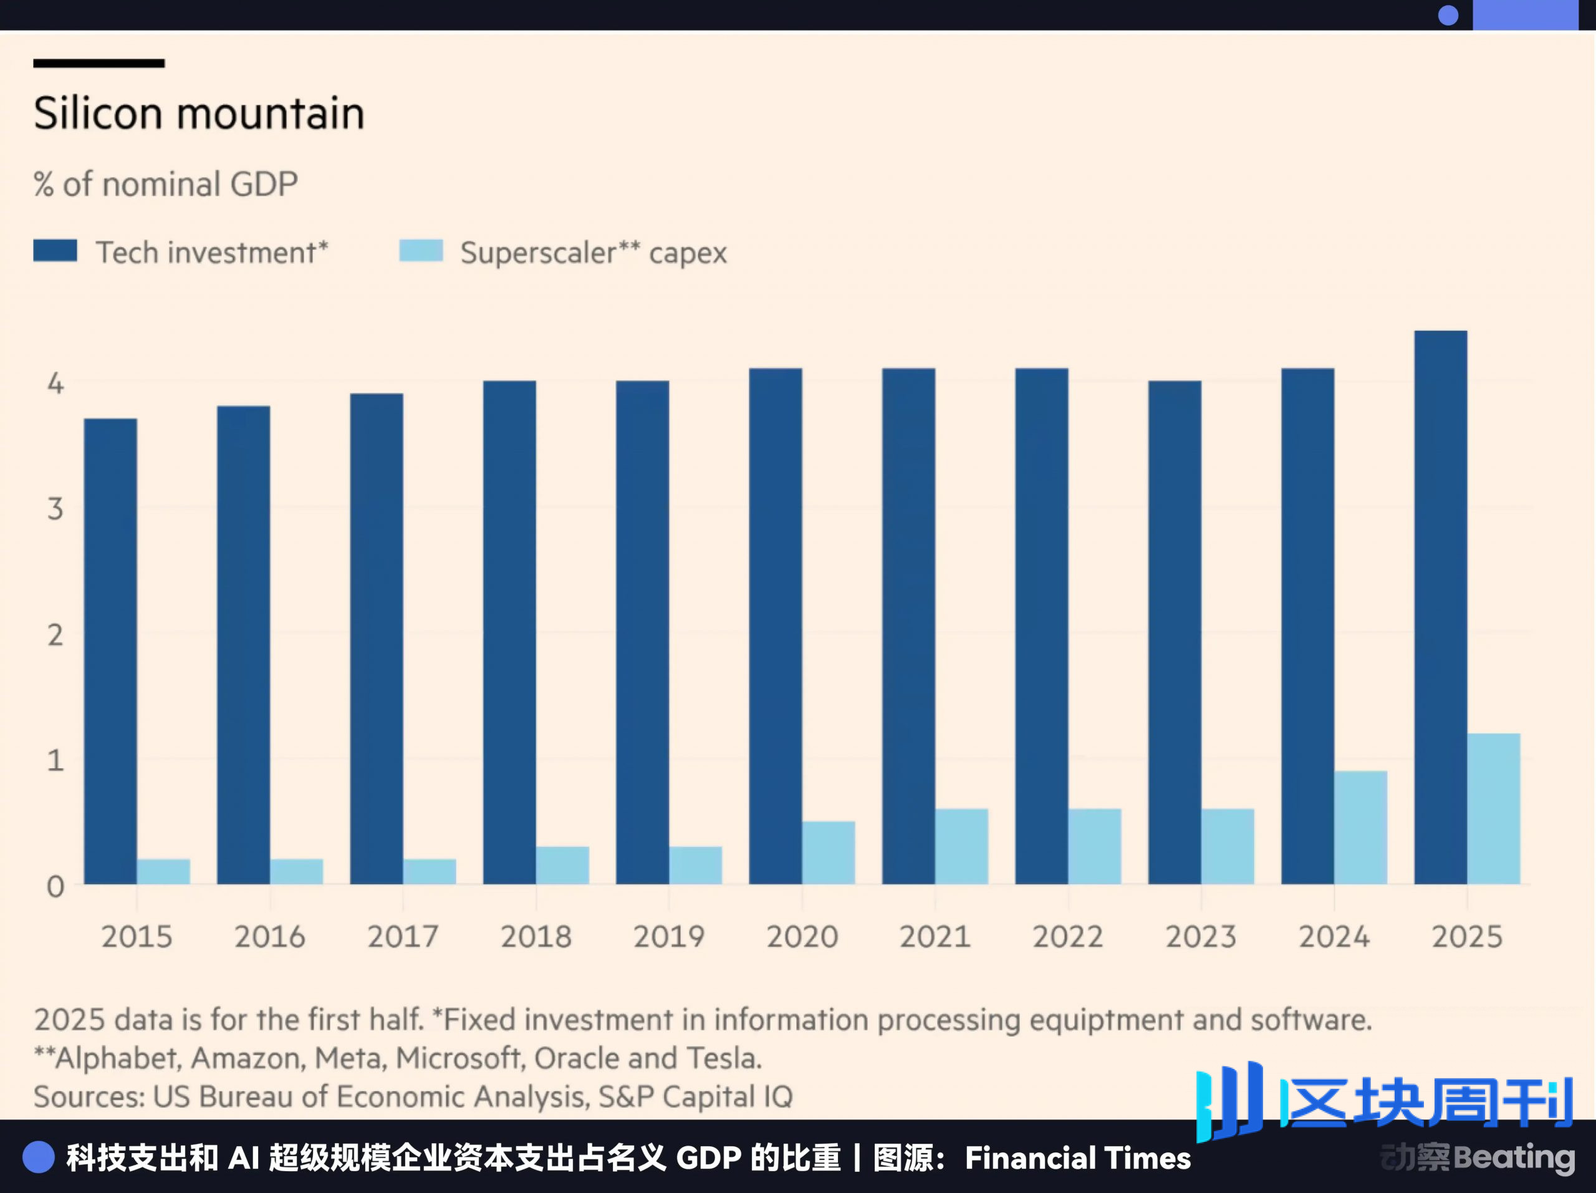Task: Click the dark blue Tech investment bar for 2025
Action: pyautogui.click(x=1440, y=606)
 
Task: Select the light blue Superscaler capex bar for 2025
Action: pyautogui.click(x=1494, y=808)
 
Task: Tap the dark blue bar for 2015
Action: pyautogui.click(x=110, y=650)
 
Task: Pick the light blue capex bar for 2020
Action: pyautogui.click(x=829, y=852)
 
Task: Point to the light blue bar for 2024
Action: pyautogui.click(x=1360, y=827)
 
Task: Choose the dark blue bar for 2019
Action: pyautogui.click(x=642, y=632)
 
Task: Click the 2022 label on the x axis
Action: pyautogui.click(x=1068, y=937)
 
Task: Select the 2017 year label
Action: pyautogui.click(x=403, y=937)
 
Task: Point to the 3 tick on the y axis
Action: pyautogui.click(x=55, y=510)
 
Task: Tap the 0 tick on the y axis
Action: pyautogui.click(x=55, y=886)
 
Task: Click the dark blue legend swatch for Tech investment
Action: pyautogui.click(x=55, y=251)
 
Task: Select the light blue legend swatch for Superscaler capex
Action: pyautogui.click(x=421, y=251)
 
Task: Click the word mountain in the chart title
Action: pyautogui.click(x=271, y=114)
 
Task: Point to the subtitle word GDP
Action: pyautogui.click(x=264, y=184)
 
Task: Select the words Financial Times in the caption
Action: pyautogui.click(x=1077, y=1158)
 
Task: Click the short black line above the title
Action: pyautogui.click(x=99, y=64)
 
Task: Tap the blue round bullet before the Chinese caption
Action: pyautogui.click(x=38, y=1157)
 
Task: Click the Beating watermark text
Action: pyautogui.click(x=1514, y=1157)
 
